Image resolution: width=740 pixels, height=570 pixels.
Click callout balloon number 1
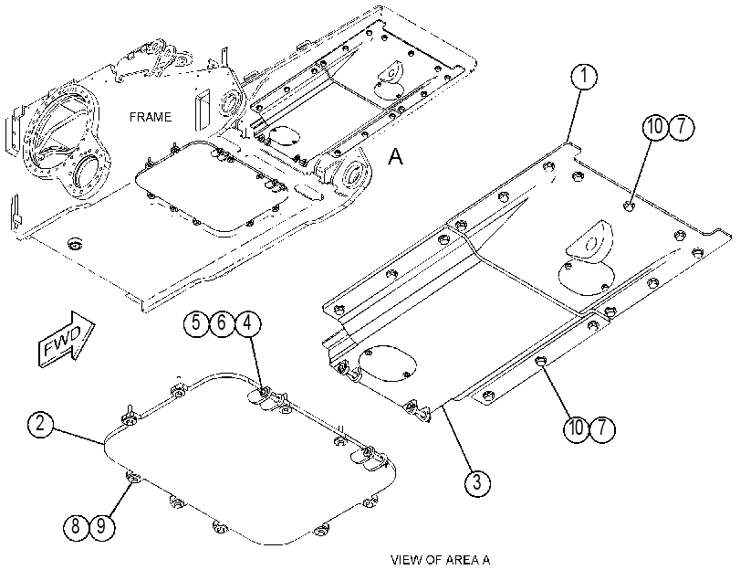[x=584, y=76]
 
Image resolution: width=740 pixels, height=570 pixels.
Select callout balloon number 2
[x=40, y=424]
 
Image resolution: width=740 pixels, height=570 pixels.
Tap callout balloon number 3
[x=477, y=483]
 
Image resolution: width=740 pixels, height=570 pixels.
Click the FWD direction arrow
[x=66, y=339]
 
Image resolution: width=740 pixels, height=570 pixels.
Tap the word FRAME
[x=151, y=117]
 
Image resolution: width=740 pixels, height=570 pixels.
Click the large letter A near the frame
[x=395, y=156]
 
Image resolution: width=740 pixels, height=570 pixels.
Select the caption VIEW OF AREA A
[x=441, y=560]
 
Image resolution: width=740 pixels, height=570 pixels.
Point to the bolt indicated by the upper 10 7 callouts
[x=629, y=206]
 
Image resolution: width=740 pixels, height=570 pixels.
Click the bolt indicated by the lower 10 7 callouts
[x=541, y=361]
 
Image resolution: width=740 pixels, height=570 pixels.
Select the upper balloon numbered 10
[x=655, y=128]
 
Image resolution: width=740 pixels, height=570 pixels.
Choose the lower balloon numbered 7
[x=601, y=428]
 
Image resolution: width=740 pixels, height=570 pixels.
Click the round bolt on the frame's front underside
[x=75, y=244]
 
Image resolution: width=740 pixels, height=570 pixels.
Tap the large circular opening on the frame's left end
[x=89, y=171]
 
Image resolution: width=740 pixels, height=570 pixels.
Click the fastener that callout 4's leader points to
[x=263, y=391]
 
